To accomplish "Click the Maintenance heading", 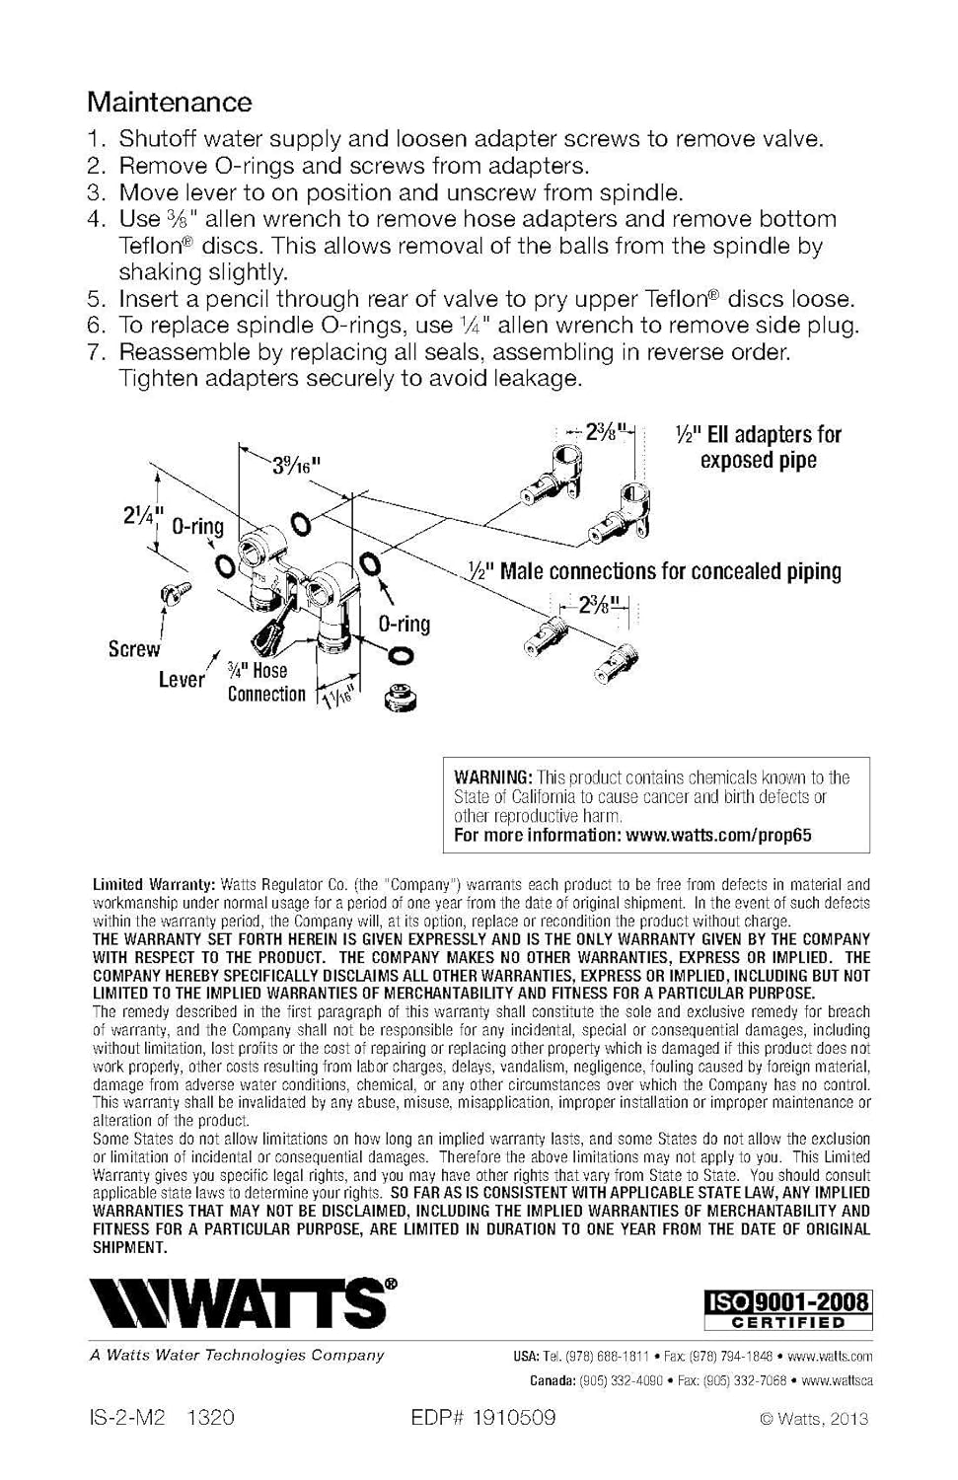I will tap(169, 102).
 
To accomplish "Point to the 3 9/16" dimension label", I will tap(297, 465).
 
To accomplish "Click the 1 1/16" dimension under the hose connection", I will tap(339, 699).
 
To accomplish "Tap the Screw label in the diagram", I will tap(133, 649).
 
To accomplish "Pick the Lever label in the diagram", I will tap(182, 679).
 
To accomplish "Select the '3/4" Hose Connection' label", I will tap(266, 682).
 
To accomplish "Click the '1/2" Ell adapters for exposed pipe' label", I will tap(758, 447).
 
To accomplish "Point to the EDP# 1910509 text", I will tap(483, 1418).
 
